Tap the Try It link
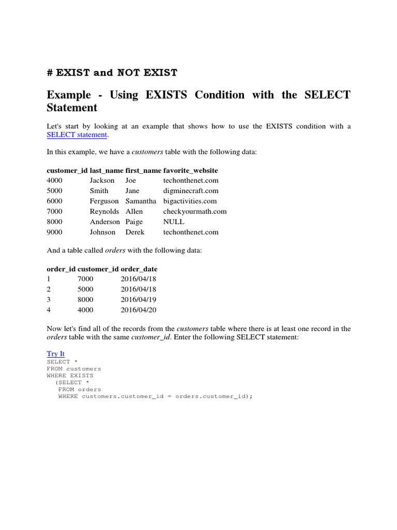[x=55, y=354]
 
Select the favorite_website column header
[x=190, y=170]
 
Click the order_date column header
[x=139, y=269]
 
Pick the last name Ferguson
[x=104, y=201]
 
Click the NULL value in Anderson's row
[x=174, y=222]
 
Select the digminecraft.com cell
[x=190, y=191]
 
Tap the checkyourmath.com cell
[x=195, y=212]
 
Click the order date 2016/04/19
[x=138, y=300]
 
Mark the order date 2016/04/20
[x=138, y=310]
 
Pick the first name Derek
[x=135, y=232]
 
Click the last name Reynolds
[x=104, y=212]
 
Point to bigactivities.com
[x=190, y=201]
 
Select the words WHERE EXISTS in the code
[x=70, y=376]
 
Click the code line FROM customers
[x=74, y=369]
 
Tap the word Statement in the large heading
[x=72, y=108]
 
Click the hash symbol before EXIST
[x=50, y=73]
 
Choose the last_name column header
[x=106, y=170]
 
